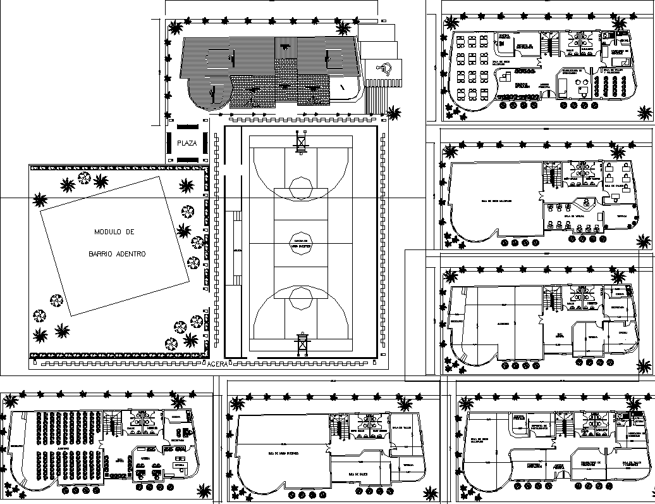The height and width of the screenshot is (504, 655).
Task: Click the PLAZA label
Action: [x=187, y=143]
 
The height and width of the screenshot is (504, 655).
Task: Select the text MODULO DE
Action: [x=114, y=232]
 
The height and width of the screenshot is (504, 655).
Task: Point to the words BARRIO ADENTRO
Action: [x=117, y=254]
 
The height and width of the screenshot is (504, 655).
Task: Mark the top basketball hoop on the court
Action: [x=301, y=141]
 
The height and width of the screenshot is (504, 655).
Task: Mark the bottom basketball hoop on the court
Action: [x=301, y=344]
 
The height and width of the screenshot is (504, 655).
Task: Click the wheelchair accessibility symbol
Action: [x=385, y=67]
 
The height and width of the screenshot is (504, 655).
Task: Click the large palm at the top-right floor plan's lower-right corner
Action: [x=644, y=113]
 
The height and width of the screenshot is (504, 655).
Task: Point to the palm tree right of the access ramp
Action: [x=393, y=113]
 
